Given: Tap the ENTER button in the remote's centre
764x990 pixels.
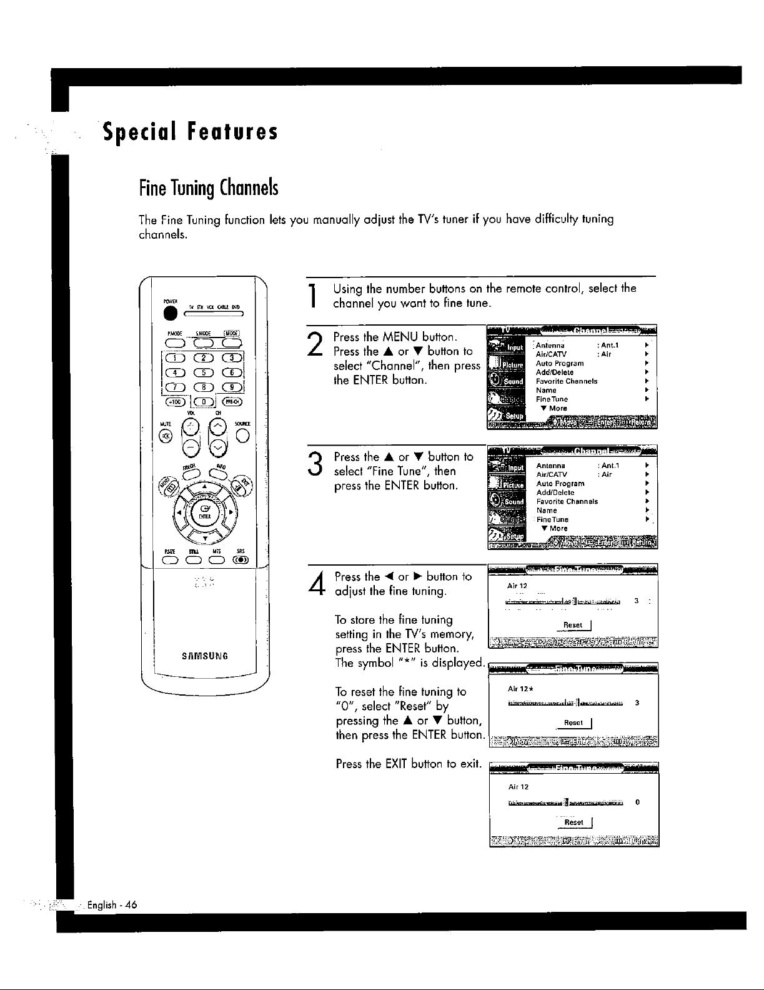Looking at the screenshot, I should [x=204, y=515].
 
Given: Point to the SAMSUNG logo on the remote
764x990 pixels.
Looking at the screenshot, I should [x=206, y=656].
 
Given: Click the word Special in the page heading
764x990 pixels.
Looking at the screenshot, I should [x=138, y=132].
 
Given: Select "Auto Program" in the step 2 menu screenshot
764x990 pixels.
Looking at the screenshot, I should [x=560, y=363].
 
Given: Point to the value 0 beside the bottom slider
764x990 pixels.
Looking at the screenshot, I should [x=636, y=802].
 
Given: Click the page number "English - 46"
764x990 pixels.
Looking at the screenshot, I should [x=112, y=905].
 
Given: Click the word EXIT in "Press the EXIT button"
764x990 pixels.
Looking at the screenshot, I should [x=397, y=764].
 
